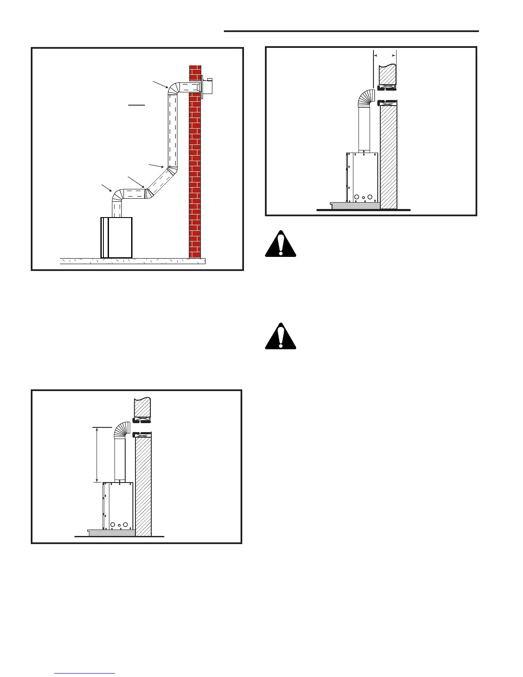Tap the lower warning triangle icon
coord(280,337)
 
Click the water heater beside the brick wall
coord(117,238)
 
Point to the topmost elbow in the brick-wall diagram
coord(173,88)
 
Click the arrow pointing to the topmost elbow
coord(161,84)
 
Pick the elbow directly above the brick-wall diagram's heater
coord(117,196)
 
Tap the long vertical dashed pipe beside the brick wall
coord(173,130)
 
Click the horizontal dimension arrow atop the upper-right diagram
coord(385,55)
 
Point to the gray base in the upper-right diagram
coord(355,206)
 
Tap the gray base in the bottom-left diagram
coord(112,533)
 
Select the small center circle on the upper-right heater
coord(363,198)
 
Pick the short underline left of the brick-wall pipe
coord(137,104)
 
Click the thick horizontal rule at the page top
coord(351,31)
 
